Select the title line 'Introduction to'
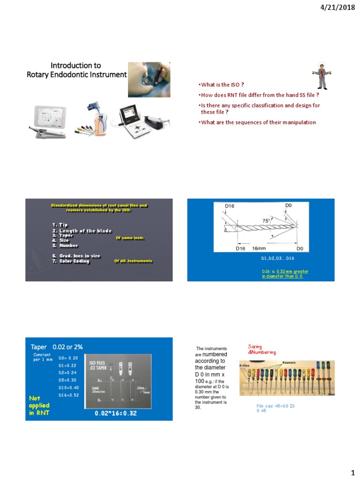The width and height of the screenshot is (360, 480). pos(76,65)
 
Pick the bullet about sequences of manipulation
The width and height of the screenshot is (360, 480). pos(257,122)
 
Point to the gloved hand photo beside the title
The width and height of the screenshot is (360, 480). pos(150,75)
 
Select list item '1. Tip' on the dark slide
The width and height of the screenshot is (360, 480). pos(60,225)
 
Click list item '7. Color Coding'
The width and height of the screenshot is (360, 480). pos(71,261)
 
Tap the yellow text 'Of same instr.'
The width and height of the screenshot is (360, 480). pos(130,238)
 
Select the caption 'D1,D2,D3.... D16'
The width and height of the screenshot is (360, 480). pos(277,258)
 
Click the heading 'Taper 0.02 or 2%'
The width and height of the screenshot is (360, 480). pos(57,346)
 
